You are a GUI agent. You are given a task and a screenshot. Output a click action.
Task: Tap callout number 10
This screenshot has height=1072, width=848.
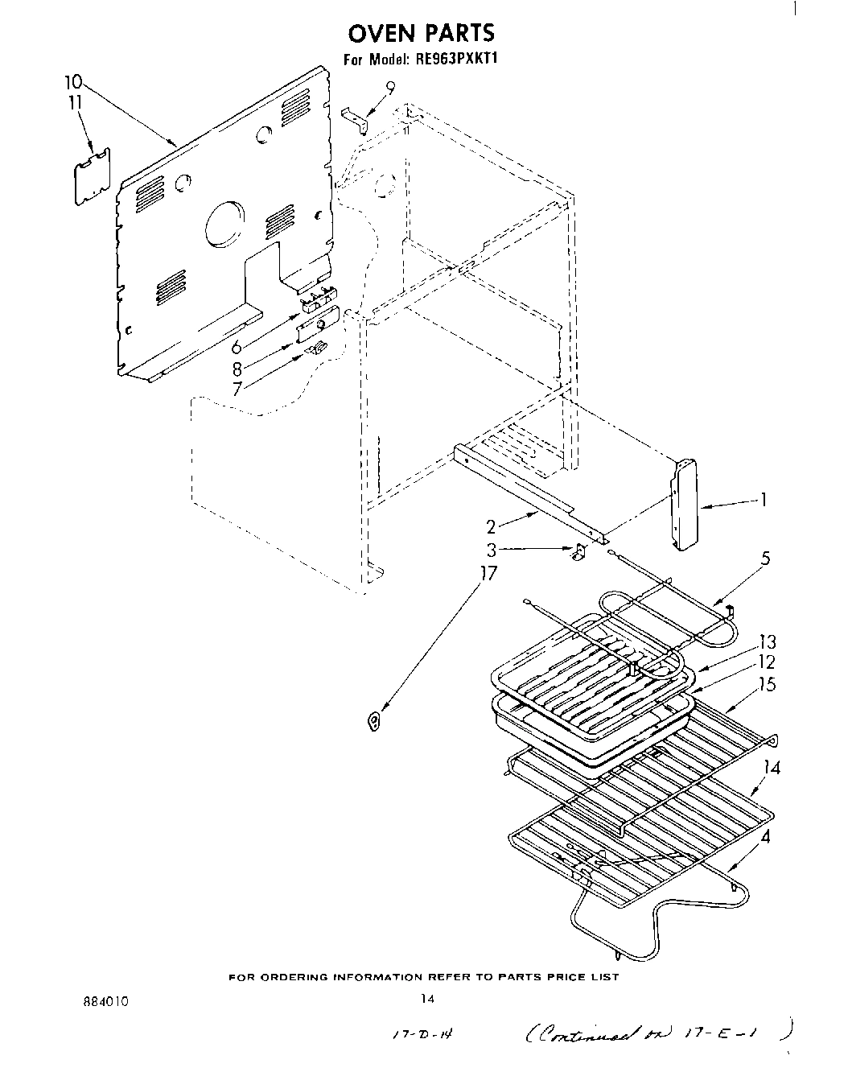point(72,82)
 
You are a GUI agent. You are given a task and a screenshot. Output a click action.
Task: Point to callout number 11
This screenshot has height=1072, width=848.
point(75,102)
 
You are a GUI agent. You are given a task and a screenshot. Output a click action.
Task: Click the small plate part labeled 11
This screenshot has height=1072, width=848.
point(93,171)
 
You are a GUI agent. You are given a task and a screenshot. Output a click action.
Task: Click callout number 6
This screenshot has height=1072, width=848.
point(237,348)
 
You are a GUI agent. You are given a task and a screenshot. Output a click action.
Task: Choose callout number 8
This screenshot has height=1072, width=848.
point(237,369)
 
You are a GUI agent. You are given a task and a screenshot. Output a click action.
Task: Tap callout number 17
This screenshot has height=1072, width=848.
point(488,575)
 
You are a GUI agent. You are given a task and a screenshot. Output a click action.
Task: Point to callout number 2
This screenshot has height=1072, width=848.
point(490,527)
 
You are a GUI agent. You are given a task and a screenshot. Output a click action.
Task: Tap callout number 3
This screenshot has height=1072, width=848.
point(491,550)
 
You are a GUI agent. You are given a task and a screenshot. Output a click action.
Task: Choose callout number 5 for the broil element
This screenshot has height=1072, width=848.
point(765,558)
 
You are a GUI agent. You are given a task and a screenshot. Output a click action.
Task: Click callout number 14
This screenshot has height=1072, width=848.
point(772,768)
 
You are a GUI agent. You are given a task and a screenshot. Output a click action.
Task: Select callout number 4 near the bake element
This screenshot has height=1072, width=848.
point(765,836)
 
